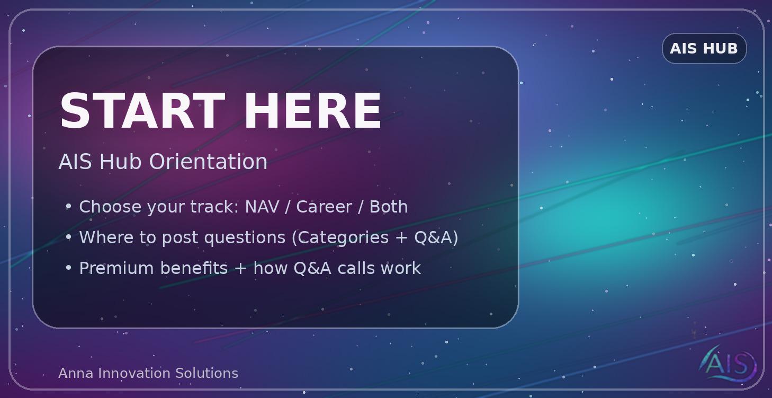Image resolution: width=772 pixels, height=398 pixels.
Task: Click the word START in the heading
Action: coord(142,111)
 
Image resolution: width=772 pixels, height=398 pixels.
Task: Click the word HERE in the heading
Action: coord(312,111)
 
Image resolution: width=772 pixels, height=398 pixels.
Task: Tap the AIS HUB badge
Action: coord(704,48)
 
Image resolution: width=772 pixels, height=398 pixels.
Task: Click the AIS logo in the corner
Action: coord(729,364)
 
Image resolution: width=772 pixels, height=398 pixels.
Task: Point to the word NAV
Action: coord(262,207)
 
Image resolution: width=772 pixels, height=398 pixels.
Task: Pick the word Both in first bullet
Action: coord(388,207)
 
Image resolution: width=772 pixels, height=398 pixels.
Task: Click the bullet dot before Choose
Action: coord(68,207)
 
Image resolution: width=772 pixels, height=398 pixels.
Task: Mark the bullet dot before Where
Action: coord(68,237)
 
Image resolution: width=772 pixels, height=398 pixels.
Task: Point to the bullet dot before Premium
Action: coord(68,268)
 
